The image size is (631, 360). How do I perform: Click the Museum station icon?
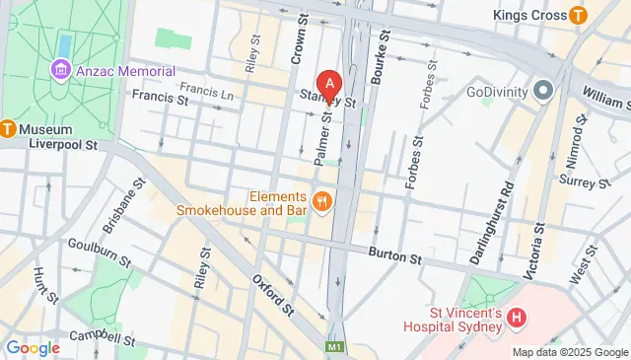[x=8, y=127]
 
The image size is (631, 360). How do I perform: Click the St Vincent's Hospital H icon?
[x=519, y=320]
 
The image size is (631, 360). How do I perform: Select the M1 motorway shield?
[x=336, y=348]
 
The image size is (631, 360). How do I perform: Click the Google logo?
[x=34, y=347]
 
